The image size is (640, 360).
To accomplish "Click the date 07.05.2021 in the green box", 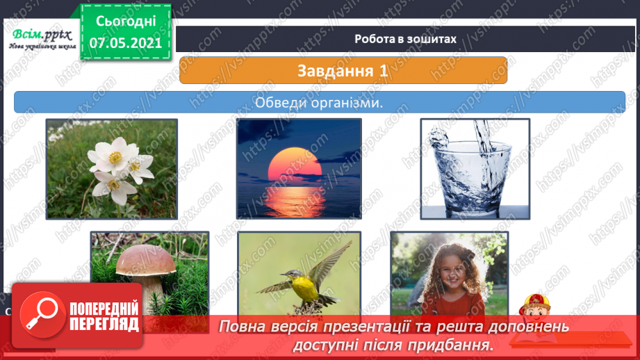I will point(126,42).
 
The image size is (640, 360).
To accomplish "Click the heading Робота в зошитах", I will point(405,39).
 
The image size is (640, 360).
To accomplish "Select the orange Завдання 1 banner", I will point(343,70).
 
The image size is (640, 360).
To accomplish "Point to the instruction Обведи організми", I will point(320,102).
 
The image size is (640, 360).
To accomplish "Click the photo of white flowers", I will point(112,168).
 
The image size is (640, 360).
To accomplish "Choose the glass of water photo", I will point(475,168).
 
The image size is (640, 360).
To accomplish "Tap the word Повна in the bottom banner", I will point(246,327).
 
